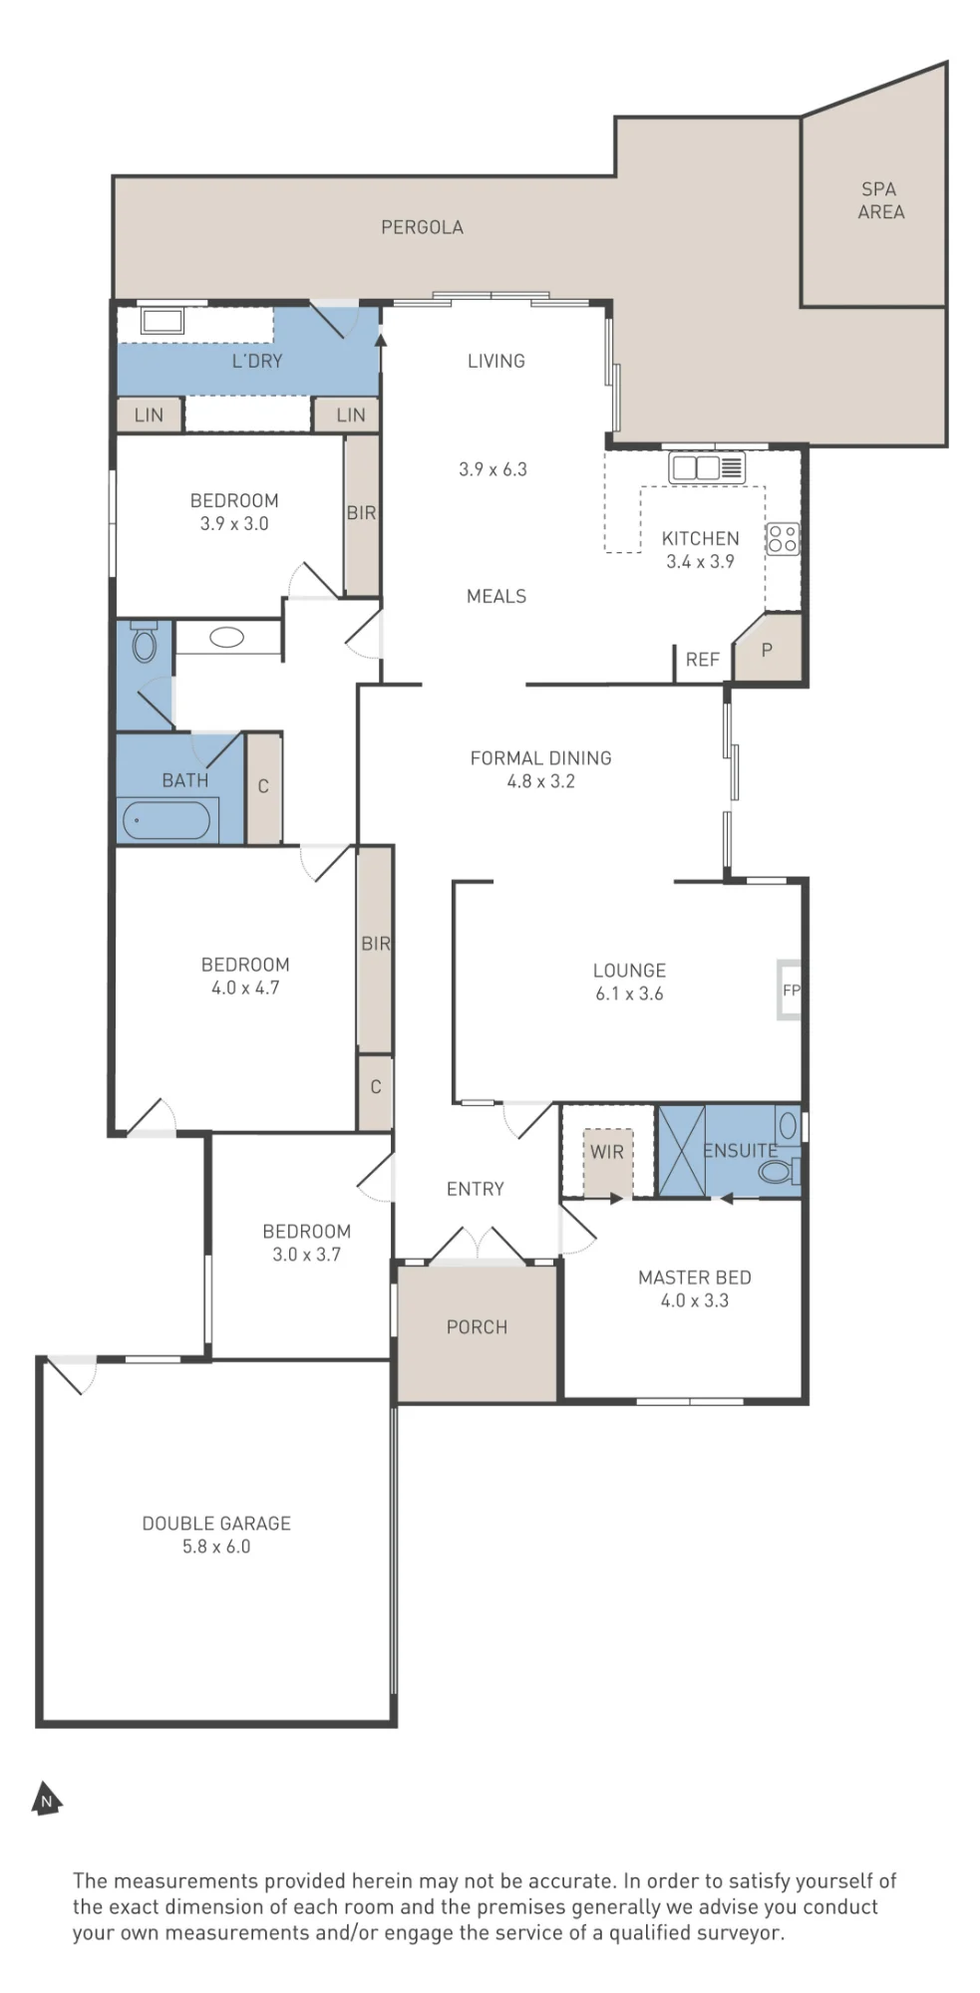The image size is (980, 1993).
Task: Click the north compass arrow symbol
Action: tap(46, 1799)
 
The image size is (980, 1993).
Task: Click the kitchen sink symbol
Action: tap(707, 467)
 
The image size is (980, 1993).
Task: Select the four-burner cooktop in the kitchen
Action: tap(783, 539)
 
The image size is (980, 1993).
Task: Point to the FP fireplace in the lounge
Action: tap(790, 990)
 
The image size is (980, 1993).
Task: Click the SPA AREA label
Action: tap(881, 200)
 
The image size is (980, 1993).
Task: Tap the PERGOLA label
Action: tap(422, 227)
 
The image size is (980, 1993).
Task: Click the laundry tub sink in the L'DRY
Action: tap(162, 321)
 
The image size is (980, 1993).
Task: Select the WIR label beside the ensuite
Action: tap(606, 1152)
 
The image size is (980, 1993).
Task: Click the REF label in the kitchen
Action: tap(702, 660)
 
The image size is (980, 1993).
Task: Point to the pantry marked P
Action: tap(768, 649)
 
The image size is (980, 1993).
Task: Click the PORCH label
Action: tap(477, 1327)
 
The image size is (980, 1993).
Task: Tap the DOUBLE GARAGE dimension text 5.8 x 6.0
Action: tap(216, 1547)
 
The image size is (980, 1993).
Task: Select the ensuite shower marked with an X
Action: tap(681, 1150)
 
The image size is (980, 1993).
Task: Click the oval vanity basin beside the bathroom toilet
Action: tap(227, 638)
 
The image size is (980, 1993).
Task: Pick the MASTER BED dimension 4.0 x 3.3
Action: tap(695, 1300)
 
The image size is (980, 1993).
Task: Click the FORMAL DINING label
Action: tap(540, 758)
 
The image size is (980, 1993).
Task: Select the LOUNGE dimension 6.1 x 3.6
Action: tap(629, 994)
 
